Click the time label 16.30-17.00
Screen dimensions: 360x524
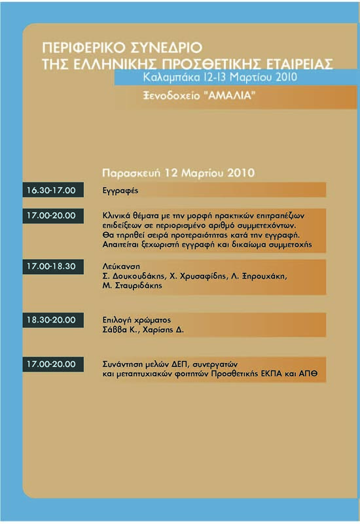(51, 191)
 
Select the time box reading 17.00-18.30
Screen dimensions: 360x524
(51, 267)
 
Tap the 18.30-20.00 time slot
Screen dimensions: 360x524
(51, 320)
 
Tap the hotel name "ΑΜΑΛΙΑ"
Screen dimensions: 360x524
(230, 96)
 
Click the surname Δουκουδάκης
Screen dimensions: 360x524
(137, 276)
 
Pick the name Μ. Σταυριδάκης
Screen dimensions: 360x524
(134, 286)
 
